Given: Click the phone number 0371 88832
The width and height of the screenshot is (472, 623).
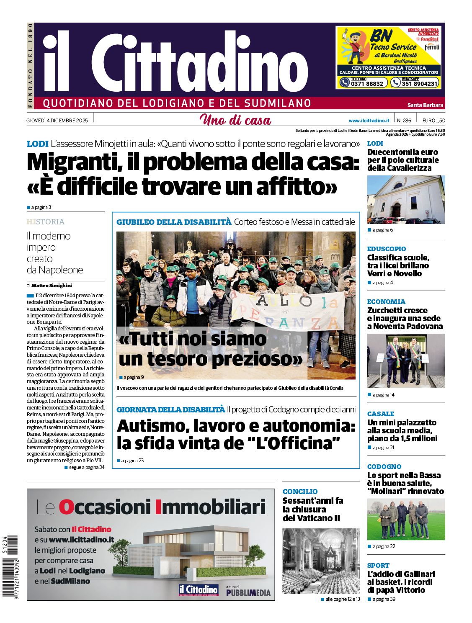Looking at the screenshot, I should pyautogui.click(x=367, y=83).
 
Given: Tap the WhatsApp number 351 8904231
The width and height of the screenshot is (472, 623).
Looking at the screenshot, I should pyautogui.click(x=419, y=83).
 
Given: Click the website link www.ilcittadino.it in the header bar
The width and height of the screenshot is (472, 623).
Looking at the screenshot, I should pyautogui.click(x=369, y=121).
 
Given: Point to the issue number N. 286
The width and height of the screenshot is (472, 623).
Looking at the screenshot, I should pyautogui.click(x=404, y=121).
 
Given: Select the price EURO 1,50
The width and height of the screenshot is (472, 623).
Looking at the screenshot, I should pyautogui.click(x=433, y=121).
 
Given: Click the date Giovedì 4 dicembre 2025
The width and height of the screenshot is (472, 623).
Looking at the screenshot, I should pyautogui.click(x=57, y=121).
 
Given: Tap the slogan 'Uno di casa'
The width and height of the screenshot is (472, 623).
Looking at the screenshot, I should pyautogui.click(x=235, y=120).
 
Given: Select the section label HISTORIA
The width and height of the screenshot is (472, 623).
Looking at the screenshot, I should pyautogui.click(x=46, y=222).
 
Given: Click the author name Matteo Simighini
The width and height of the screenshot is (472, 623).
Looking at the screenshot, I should pyautogui.click(x=52, y=286).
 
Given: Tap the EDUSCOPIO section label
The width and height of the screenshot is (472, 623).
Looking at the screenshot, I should pyautogui.click(x=386, y=249).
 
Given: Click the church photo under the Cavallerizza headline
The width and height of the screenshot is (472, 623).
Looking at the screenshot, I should pyautogui.click(x=406, y=200).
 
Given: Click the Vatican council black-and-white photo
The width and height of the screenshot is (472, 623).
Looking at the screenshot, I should pyautogui.click(x=321, y=561).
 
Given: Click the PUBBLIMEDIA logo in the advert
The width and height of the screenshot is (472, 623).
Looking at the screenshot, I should pyautogui.click(x=248, y=592).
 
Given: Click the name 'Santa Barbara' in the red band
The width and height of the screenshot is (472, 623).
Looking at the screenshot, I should pyautogui.click(x=425, y=105).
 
